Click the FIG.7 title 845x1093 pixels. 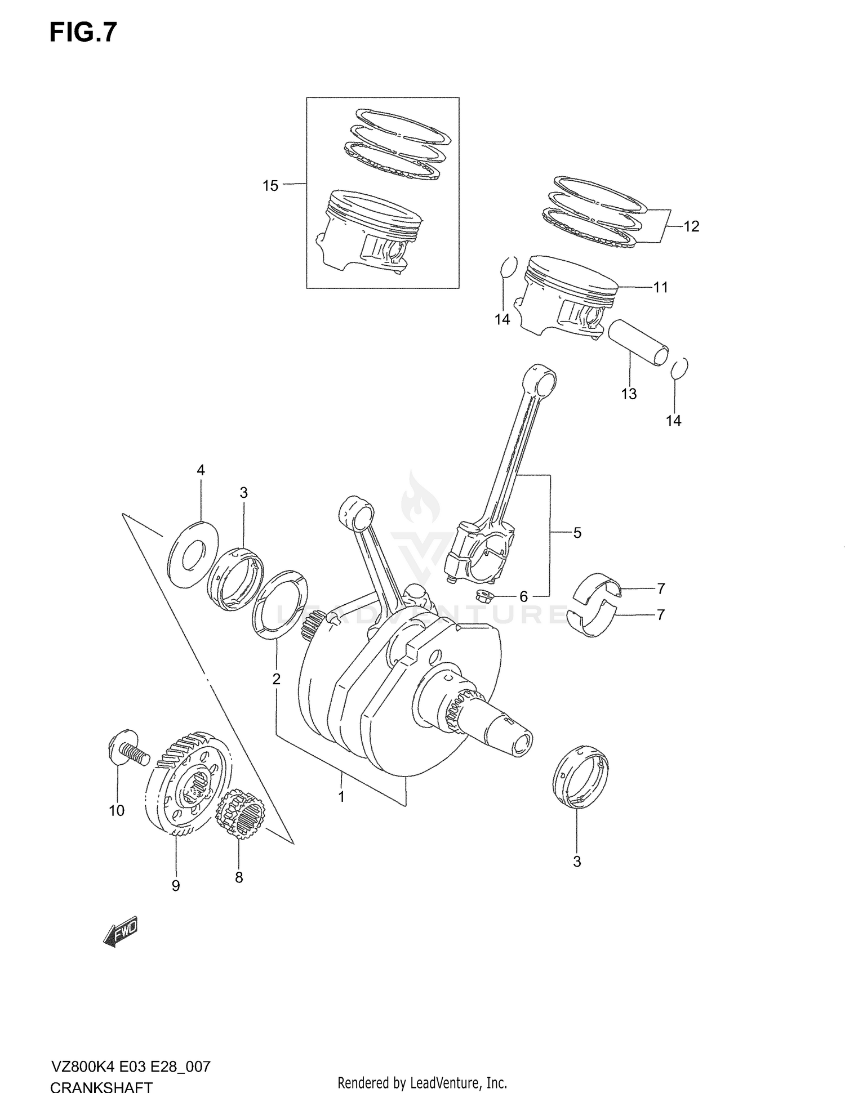click(83, 32)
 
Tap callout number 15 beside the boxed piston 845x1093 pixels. click(270, 185)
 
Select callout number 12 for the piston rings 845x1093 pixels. click(691, 226)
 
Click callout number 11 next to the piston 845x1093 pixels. click(660, 287)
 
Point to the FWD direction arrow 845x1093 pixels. click(121, 933)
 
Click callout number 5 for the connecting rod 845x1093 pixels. click(577, 533)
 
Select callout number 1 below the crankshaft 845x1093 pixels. click(341, 797)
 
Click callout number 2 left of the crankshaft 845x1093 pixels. click(276, 679)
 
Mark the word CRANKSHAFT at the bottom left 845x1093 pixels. click(101, 1086)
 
